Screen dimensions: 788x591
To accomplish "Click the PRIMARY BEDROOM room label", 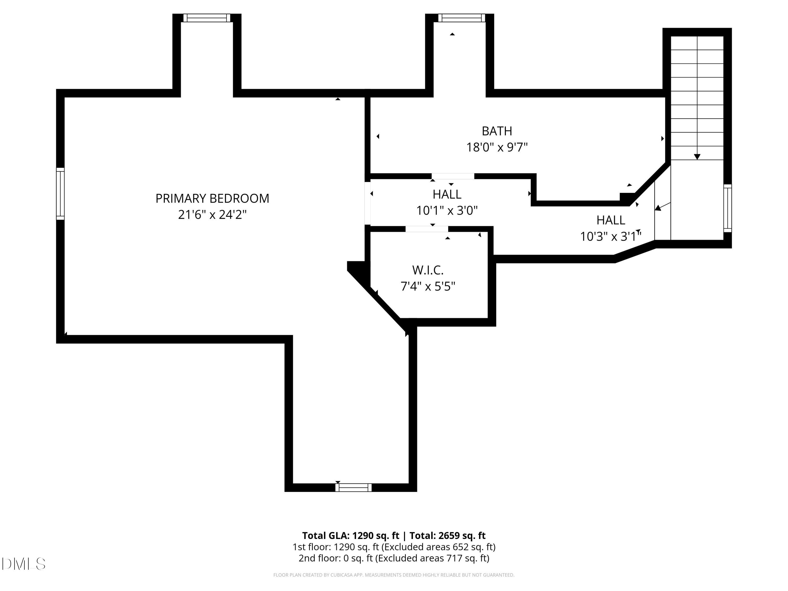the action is pos(212,198).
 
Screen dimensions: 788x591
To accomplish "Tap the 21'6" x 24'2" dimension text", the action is pos(212,214).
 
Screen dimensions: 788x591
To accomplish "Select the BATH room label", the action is pos(497,131).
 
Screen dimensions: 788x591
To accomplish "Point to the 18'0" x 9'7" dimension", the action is pos(497,147).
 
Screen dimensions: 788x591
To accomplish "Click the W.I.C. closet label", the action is pos(428,270).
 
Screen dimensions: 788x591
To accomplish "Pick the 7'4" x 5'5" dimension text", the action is pos(428,286).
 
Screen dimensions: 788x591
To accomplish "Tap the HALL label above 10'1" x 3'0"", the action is pos(447,194).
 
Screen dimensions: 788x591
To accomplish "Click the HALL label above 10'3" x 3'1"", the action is pos(611,220).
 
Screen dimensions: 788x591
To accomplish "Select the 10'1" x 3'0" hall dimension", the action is pos(447,211).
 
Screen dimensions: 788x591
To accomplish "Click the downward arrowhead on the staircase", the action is pos(697,157).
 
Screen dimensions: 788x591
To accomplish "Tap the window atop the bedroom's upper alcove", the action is pos(207,18).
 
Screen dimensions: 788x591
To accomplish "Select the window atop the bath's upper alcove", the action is pos(462,18).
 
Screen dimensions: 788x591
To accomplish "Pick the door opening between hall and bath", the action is pos(453,176).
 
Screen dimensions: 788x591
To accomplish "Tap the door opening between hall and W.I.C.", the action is pos(427,229).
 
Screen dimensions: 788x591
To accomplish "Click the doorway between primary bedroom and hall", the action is pos(367,203).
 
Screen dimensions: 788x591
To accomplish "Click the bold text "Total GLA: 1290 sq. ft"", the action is pos(351,535).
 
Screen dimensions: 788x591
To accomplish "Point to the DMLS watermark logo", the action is pos(24,564).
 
